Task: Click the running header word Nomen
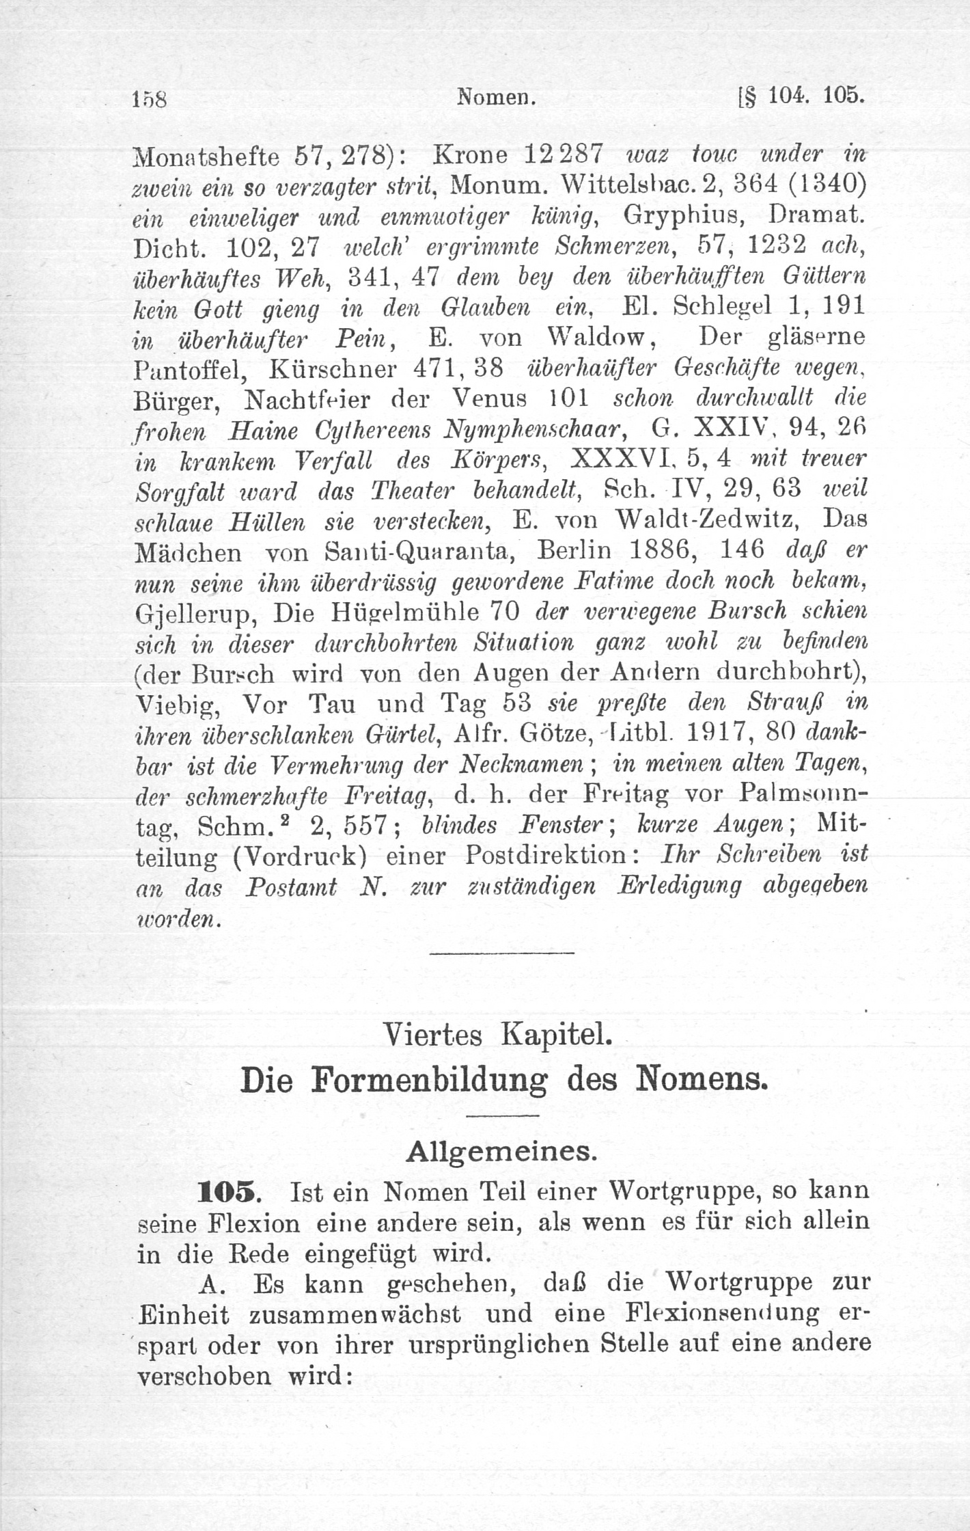click(x=495, y=98)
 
